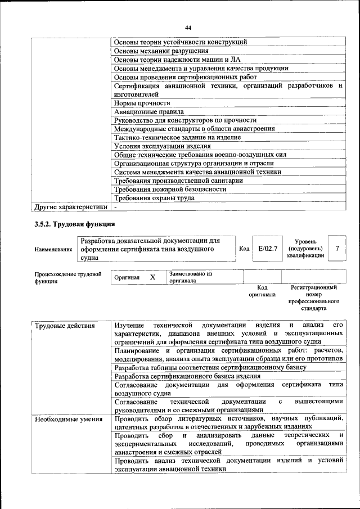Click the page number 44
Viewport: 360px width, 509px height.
188,27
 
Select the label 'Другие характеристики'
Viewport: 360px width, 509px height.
70,207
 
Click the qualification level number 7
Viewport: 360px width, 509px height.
336,248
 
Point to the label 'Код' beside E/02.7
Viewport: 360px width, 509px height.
244,248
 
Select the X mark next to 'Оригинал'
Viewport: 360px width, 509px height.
152,277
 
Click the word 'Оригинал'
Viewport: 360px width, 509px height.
127,278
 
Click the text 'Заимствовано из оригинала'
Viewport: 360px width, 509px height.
190,277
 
